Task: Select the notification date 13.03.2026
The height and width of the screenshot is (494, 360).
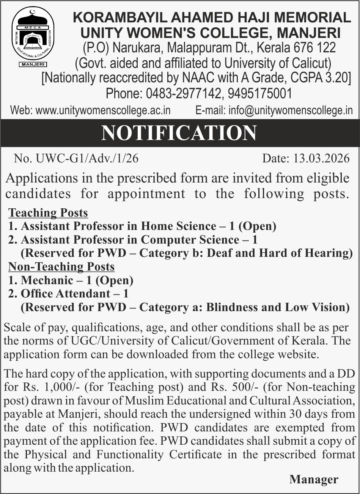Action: click(321, 158)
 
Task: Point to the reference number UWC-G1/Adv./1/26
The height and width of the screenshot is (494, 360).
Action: click(87, 158)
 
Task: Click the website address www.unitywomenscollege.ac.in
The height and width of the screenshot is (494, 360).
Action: click(103, 110)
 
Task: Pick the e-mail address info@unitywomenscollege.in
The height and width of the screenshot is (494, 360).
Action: click(291, 110)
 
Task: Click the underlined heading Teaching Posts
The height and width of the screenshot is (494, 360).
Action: click(48, 212)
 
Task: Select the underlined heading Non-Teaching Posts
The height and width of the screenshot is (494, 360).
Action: click(61, 267)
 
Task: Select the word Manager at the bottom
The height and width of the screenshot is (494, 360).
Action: click(314, 480)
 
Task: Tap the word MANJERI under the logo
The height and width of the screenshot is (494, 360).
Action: click(33, 65)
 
